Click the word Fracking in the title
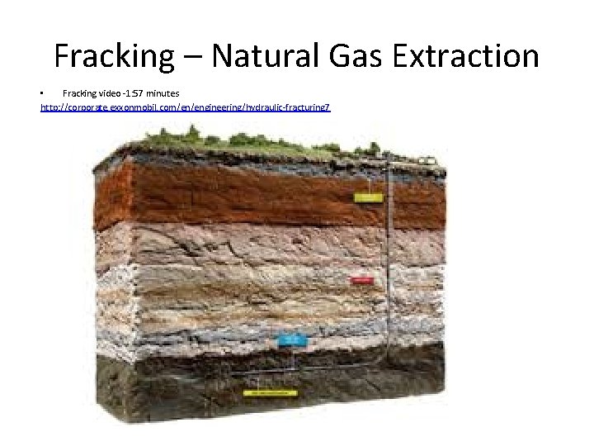[114, 56]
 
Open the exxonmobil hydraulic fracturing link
[185, 107]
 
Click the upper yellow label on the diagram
[368, 197]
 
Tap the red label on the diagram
[362, 280]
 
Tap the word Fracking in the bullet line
[79, 94]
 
